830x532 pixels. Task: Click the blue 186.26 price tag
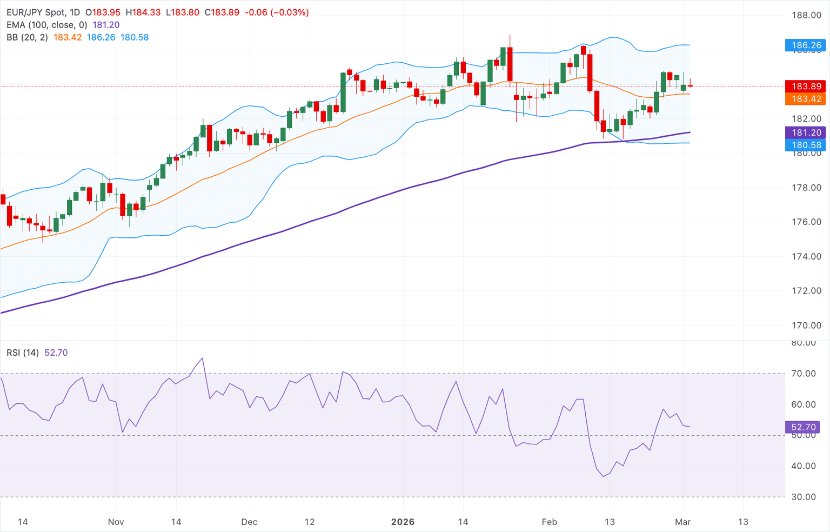pyautogui.click(x=806, y=45)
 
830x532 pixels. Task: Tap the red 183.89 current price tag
pyautogui.click(x=806, y=87)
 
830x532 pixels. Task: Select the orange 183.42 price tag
pyautogui.click(x=806, y=99)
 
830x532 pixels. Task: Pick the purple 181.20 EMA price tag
pyautogui.click(x=806, y=132)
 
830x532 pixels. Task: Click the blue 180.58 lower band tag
pyautogui.click(x=806, y=145)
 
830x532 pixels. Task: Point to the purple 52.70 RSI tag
pyautogui.click(x=804, y=427)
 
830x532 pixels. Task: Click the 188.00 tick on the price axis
pyautogui.click(x=806, y=15)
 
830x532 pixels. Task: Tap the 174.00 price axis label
pyautogui.click(x=806, y=256)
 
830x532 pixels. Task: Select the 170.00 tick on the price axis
pyautogui.click(x=806, y=325)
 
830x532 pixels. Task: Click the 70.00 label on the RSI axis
pyautogui.click(x=804, y=374)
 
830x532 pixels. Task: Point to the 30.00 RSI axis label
pyautogui.click(x=804, y=497)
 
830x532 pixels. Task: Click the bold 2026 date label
pyautogui.click(x=403, y=522)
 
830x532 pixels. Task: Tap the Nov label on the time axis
pyautogui.click(x=116, y=522)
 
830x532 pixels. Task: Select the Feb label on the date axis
pyautogui.click(x=549, y=522)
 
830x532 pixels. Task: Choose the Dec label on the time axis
pyautogui.click(x=249, y=522)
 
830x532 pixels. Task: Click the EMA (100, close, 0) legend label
pyautogui.click(x=46, y=25)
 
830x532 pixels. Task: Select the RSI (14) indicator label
pyautogui.click(x=23, y=353)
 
